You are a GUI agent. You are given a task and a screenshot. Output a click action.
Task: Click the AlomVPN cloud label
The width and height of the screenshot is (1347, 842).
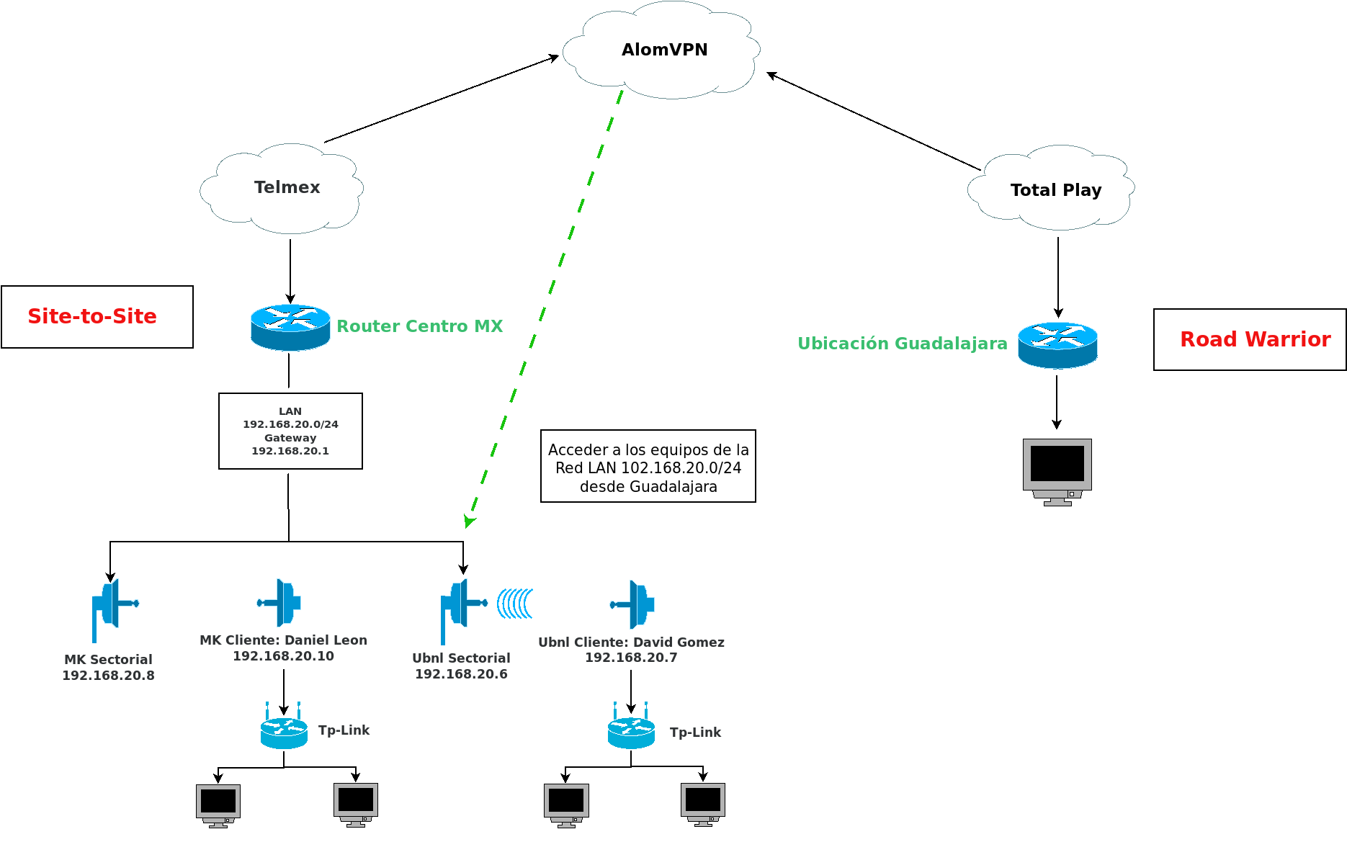click(664, 50)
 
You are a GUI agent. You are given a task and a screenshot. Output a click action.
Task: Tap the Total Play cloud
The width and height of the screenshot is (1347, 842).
click(1052, 189)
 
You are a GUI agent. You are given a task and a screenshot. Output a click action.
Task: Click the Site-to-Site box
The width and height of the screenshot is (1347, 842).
click(97, 317)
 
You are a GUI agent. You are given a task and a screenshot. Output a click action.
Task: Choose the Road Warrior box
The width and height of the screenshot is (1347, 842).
click(1250, 340)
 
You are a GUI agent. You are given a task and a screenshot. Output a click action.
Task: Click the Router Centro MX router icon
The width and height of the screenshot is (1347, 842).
click(290, 328)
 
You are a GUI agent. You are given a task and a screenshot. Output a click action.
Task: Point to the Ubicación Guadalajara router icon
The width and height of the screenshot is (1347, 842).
click(1057, 345)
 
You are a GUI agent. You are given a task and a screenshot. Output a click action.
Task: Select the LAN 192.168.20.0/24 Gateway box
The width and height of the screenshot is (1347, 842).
click(290, 431)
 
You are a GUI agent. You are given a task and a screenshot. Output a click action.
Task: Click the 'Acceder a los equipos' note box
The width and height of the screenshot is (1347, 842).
click(648, 467)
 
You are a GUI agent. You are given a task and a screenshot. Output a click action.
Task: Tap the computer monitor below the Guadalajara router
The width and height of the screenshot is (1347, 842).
click(1057, 470)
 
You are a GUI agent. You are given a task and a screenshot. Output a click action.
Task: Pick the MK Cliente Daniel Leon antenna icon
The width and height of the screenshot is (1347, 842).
click(280, 602)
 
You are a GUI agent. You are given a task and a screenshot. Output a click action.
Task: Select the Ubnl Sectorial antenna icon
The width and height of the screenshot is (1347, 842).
click(461, 607)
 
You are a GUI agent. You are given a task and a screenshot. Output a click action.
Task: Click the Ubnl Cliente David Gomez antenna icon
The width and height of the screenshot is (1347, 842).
click(634, 604)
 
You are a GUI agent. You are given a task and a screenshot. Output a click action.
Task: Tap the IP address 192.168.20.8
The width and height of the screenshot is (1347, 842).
click(108, 676)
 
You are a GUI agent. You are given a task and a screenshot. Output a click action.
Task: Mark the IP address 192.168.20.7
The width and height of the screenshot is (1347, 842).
click(631, 658)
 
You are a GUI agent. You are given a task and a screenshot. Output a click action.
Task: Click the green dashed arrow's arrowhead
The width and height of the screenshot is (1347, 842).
click(470, 521)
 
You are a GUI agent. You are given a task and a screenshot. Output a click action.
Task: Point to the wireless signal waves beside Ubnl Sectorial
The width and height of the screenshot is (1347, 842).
click(515, 604)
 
